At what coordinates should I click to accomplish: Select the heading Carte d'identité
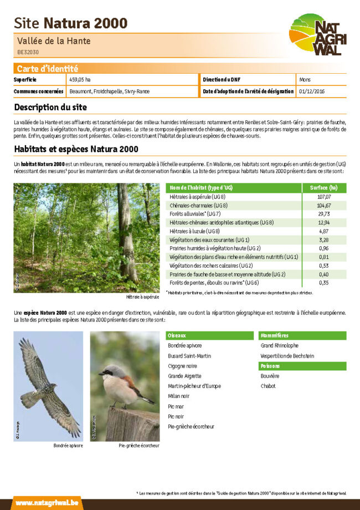click(x=47, y=69)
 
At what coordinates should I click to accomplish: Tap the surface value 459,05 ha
click(x=80, y=80)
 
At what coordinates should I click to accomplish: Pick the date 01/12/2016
click(x=312, y=91)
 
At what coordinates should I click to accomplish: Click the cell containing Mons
click(x=305, y=80)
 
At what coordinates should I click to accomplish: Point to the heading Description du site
click(x=50, y=106)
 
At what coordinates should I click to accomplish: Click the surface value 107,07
click(x=324, y=197)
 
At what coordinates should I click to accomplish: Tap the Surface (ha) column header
click(x=324, y=188)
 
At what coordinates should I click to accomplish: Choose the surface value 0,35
click(x=324, y=283)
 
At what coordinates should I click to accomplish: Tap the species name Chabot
click(x=268, y=386)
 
